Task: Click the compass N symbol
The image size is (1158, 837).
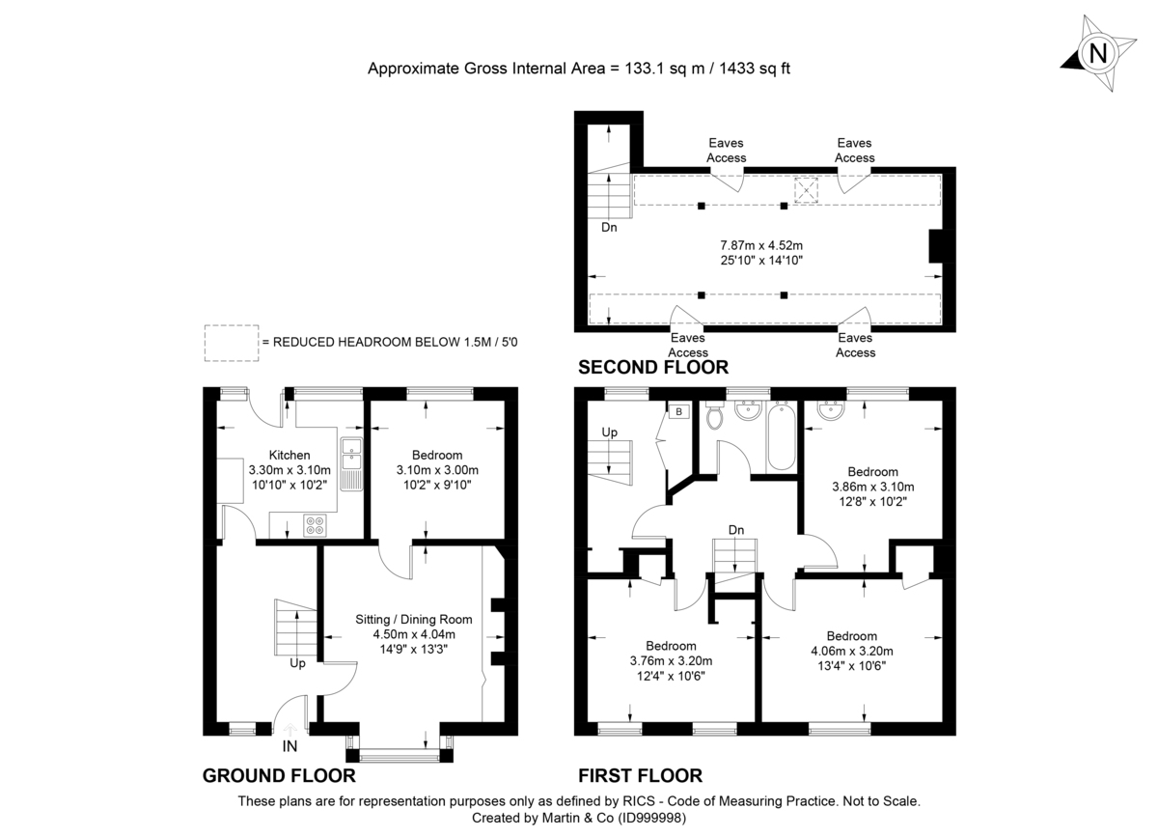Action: (1097, 53)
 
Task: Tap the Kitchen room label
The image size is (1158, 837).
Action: (289, 455)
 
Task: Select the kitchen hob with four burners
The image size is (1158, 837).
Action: (316, 525)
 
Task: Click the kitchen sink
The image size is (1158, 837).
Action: (350, 464)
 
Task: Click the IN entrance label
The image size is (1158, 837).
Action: (289, 746)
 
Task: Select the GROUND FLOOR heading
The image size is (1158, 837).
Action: (279, 775)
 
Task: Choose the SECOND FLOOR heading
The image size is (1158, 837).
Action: (652, 367)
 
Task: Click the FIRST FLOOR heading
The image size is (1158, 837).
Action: (640, 775)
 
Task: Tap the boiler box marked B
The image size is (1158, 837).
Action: (679, 412)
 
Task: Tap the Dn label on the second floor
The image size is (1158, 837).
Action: (609, 229)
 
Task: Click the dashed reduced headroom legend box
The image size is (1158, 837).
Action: (231, 342)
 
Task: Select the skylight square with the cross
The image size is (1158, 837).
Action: (804, 187)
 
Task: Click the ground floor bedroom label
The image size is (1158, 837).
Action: (437, 455)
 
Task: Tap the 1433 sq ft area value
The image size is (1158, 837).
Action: (750, 69)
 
